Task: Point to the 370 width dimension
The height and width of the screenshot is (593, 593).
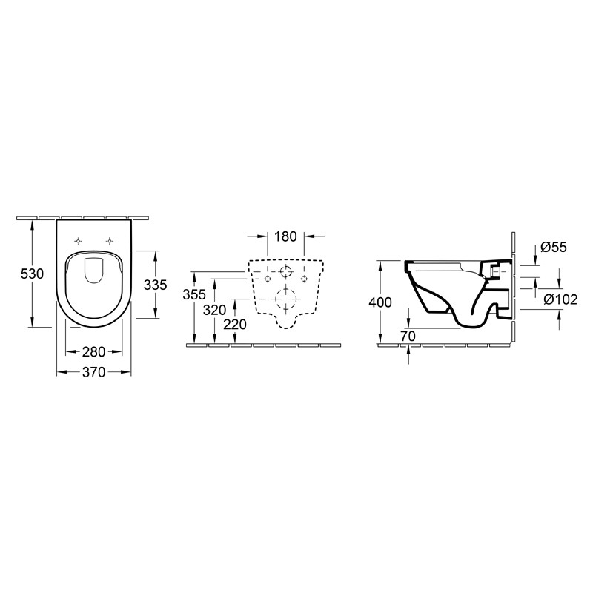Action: tap(93, 372)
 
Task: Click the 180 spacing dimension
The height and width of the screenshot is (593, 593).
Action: tap(285, 237)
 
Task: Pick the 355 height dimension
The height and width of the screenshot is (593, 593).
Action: tap(194, 294)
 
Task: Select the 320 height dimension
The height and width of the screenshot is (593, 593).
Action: tap(215, 310)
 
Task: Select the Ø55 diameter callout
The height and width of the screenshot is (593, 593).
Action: tap(554, 248)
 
